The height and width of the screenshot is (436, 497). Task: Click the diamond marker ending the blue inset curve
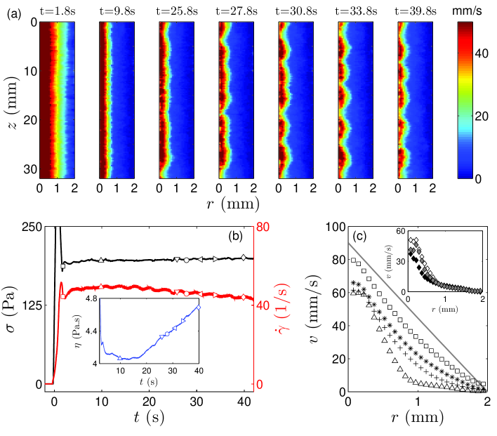coord(199,307)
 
